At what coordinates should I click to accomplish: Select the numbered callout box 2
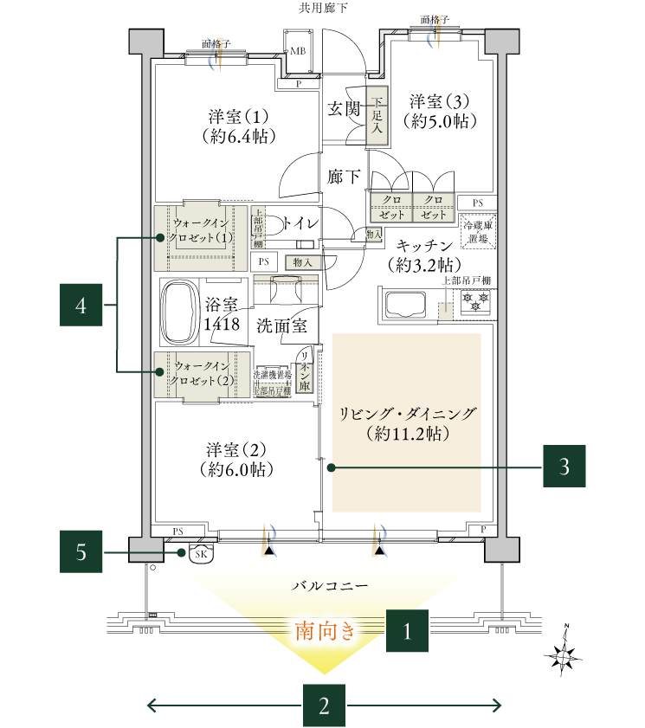pos(324,705)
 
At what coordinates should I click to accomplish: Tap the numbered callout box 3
pos(564,467)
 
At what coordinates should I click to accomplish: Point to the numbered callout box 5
pos(81,552)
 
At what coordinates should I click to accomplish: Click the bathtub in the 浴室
pos(179,312)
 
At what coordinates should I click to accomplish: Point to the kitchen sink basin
pos(405,306)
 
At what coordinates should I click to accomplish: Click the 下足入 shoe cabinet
pos(377,113)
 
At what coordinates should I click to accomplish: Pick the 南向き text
pos(326,630)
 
